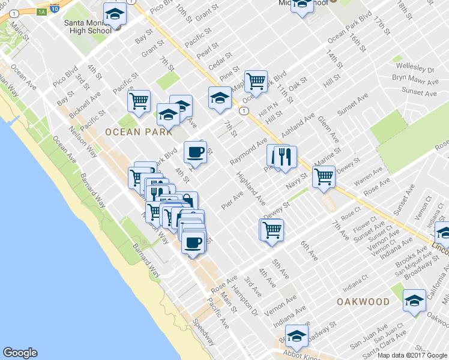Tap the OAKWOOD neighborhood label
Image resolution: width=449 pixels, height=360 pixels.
tap(363, 301)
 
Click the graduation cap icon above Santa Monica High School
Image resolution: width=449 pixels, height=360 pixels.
tap(115, 14)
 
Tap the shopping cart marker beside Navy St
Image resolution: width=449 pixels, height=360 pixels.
tap(324, 176)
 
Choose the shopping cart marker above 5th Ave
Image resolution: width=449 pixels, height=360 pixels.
tap(271, 229)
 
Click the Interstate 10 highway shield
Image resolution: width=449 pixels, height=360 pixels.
tap(55, 9)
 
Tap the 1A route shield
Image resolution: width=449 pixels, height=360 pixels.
tap(41, 11)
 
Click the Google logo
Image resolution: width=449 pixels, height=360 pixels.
tap(20, 353)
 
